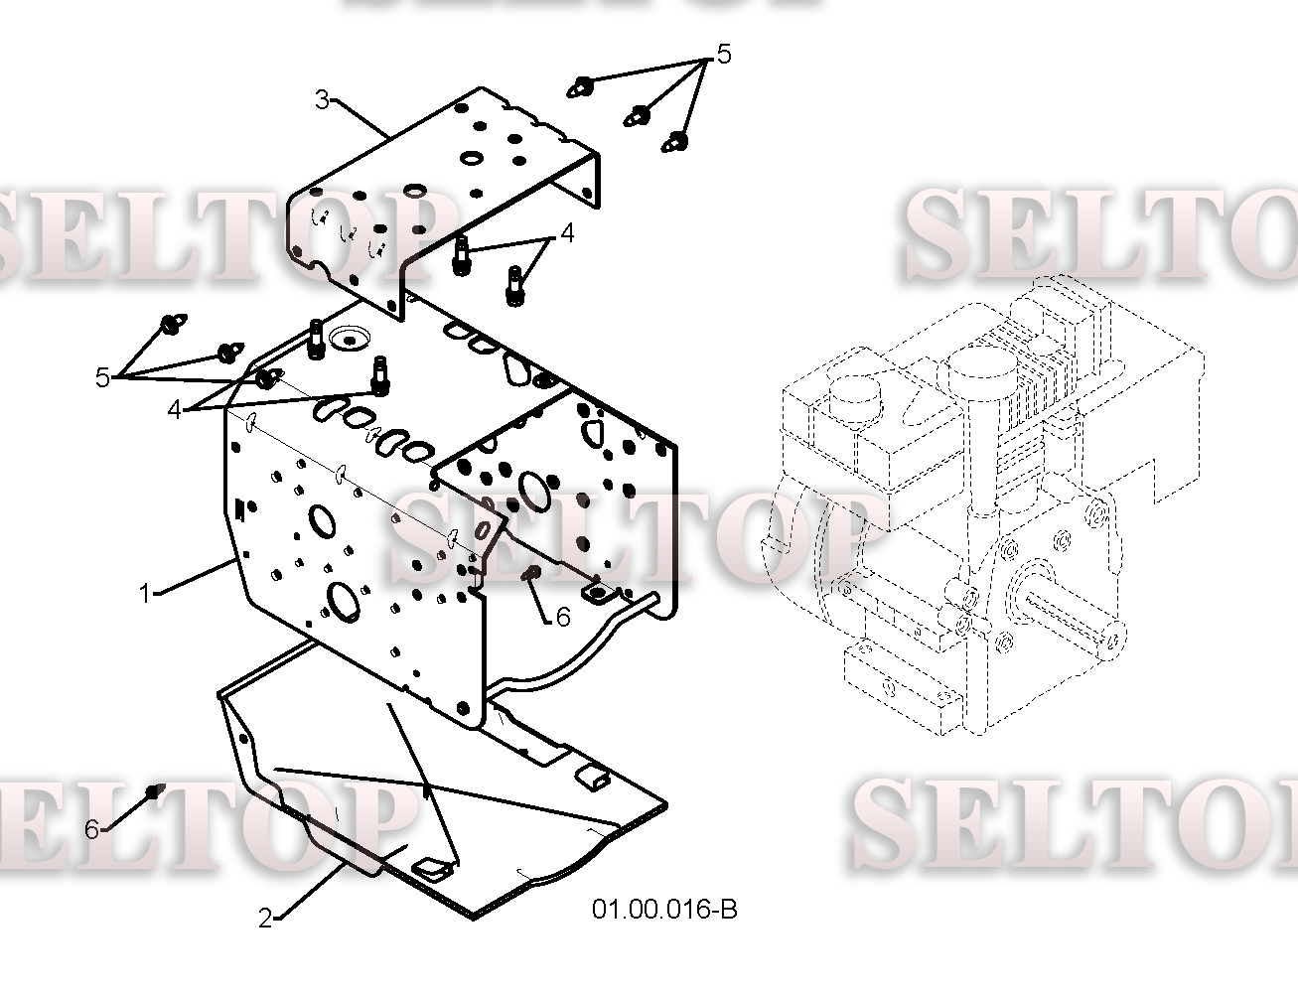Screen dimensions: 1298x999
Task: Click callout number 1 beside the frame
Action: (145, 593)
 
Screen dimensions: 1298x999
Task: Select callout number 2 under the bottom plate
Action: (265, 918)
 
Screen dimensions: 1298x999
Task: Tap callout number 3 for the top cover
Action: (322, 99)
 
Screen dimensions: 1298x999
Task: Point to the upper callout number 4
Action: (567, 233)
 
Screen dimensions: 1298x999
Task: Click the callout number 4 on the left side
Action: (174, 410)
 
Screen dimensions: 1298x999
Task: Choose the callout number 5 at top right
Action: (723, 55)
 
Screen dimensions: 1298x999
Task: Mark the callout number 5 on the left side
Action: (102, 377)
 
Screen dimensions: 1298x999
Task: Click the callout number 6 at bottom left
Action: (91, 829)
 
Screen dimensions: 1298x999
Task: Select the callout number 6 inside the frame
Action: (563, 617)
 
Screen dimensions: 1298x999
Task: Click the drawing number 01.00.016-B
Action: (664, 910)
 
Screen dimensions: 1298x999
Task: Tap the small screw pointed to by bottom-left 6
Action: (155, 791)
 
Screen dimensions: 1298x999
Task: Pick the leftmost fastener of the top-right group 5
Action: (579, 87)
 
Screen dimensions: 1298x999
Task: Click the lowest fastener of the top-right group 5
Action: (675, 142)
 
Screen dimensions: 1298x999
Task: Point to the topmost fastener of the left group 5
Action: (173, 325)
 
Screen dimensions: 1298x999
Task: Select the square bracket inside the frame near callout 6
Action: (597, 594)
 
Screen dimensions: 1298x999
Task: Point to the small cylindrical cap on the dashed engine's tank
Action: (855, 397)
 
